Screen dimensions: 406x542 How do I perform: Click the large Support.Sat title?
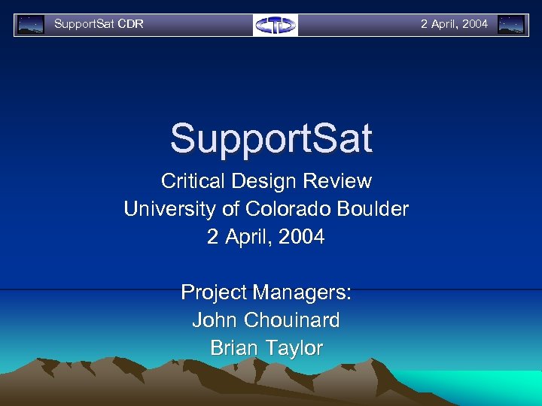[271, 138]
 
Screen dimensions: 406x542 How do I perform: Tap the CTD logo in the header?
[276, 25]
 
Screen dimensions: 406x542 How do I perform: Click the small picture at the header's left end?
[31, 25]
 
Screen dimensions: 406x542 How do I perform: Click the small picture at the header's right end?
[511, 25]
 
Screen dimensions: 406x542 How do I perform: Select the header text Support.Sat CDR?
[99, 24]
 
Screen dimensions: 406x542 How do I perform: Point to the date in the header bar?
[454, 24]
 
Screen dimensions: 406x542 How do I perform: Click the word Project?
[214, 292]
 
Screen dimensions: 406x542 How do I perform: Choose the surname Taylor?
[297, 349]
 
